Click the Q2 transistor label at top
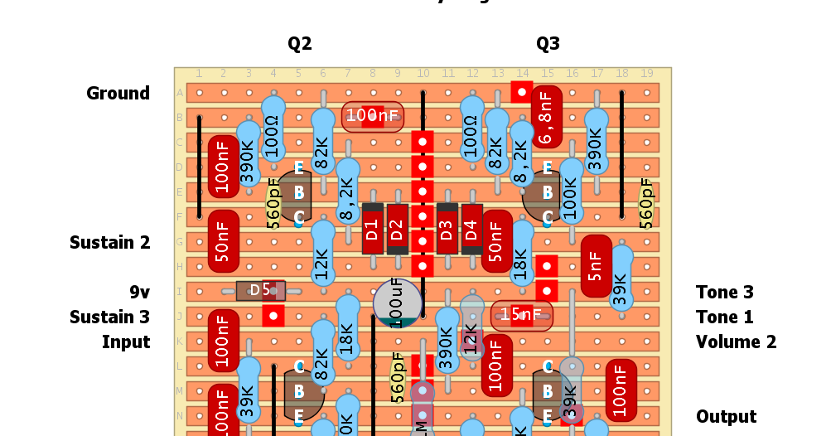(300, 44)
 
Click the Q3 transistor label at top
(548, 44)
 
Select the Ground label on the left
(118, 93)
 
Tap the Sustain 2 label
(109, 242)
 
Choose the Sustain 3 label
(109, 317)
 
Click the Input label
(126, 342)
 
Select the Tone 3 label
(725, 292)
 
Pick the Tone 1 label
(725, 317)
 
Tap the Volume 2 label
(737, 342)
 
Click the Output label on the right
(727, 416)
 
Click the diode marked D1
(372, 228)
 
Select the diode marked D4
(472, 228)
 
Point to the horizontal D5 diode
(261, 290)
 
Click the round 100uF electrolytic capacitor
(398, 303)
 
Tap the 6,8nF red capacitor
(546, 117)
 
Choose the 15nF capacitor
(522, 315)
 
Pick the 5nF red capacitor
(597, 265)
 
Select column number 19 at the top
(646, 74)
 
